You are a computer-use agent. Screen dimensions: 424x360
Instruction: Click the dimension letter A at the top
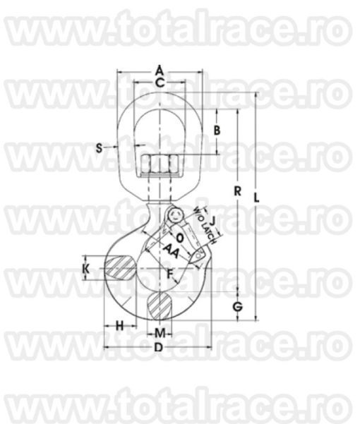coord(160,70)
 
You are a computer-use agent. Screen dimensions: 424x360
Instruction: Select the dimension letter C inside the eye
coord(160,83)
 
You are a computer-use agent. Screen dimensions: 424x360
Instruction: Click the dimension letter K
coord(85,269)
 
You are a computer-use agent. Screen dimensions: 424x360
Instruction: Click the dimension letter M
coord(160,332)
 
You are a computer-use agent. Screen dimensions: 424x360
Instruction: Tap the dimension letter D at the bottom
coord(159,349)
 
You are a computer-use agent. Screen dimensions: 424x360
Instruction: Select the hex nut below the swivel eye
coord(161,165)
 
